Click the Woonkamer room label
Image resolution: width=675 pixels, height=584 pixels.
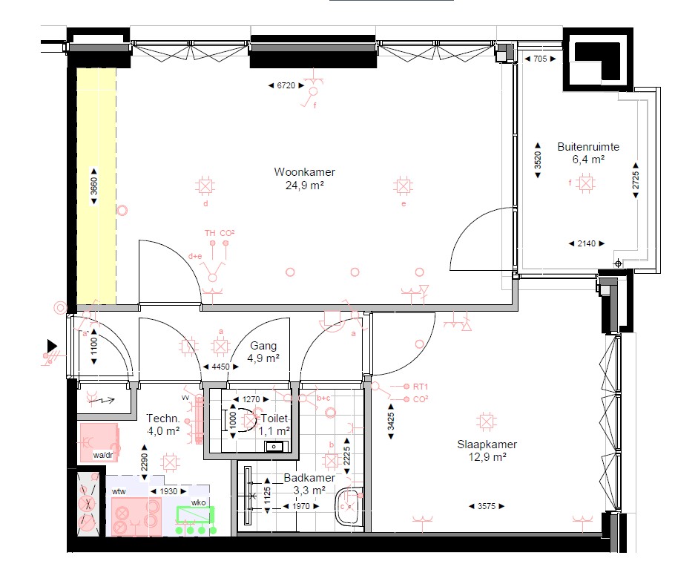[x=304, y=172]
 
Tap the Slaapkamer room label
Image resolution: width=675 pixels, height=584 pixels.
[x=487, y=444]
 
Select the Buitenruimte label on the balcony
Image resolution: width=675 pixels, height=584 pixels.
[x=588, y=147]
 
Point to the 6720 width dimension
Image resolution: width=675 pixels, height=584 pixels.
[x=286, y=85]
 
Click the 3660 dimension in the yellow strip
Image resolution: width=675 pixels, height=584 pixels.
[x=94, y=186]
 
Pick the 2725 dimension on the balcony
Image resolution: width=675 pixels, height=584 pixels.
[x=636, y=180]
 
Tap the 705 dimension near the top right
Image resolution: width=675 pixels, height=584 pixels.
[x=540, y=59]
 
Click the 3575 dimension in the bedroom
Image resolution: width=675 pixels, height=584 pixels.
[x=487, y=507]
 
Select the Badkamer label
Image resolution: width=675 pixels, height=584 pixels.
[x=309, y=478]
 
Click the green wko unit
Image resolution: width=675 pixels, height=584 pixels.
[x=195, y=515]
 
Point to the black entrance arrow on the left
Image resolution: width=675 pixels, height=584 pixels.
[x=52, y=345]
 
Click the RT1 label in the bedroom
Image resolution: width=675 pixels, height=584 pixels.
[x=421, y=387]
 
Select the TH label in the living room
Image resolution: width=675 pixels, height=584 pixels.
[x=210, y=233]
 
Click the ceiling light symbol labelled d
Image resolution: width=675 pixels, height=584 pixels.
[x=205, y=187]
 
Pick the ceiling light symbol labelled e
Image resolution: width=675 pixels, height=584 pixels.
[x=403, y=186]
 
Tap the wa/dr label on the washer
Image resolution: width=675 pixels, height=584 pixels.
[x=103, y=455]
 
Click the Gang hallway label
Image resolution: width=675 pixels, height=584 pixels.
[x=263, y=346]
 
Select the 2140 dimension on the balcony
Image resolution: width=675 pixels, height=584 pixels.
[x=586, y=243]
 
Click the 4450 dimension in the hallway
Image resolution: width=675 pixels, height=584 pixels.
[x=220, y=367]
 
